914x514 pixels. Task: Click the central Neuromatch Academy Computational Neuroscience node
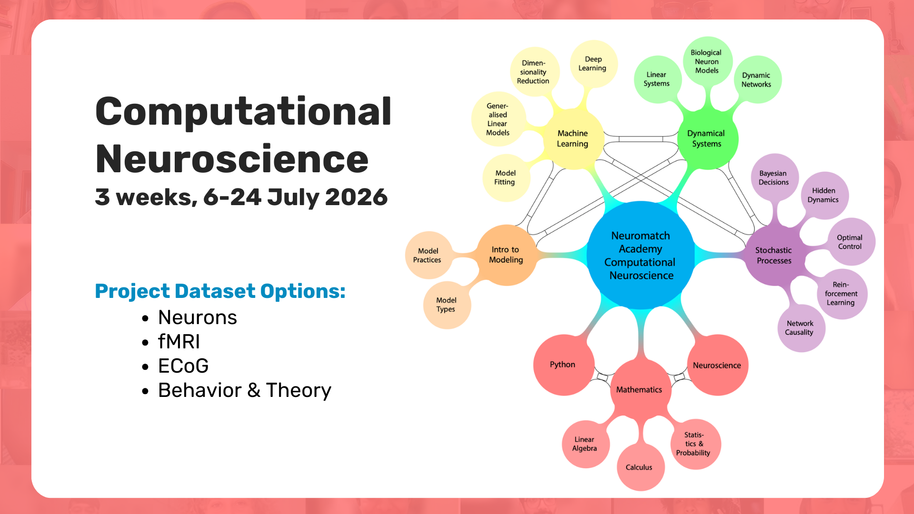click(641, 256)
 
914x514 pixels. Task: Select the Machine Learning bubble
click(573, 138)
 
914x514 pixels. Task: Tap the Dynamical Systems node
click(707, 138)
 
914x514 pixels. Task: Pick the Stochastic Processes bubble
click(775, 256)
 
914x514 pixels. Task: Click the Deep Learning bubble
click(594, 64)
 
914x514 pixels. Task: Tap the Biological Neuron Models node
click(707, 61)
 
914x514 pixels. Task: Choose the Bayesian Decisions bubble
click(775, 178)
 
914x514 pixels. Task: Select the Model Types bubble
click(447, 305)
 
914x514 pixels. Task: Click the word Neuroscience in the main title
click(232, 159)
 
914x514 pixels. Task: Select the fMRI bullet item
click(179, 342)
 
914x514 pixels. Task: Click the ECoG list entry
click(183, 366)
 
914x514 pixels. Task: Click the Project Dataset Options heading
click(220, 291)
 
